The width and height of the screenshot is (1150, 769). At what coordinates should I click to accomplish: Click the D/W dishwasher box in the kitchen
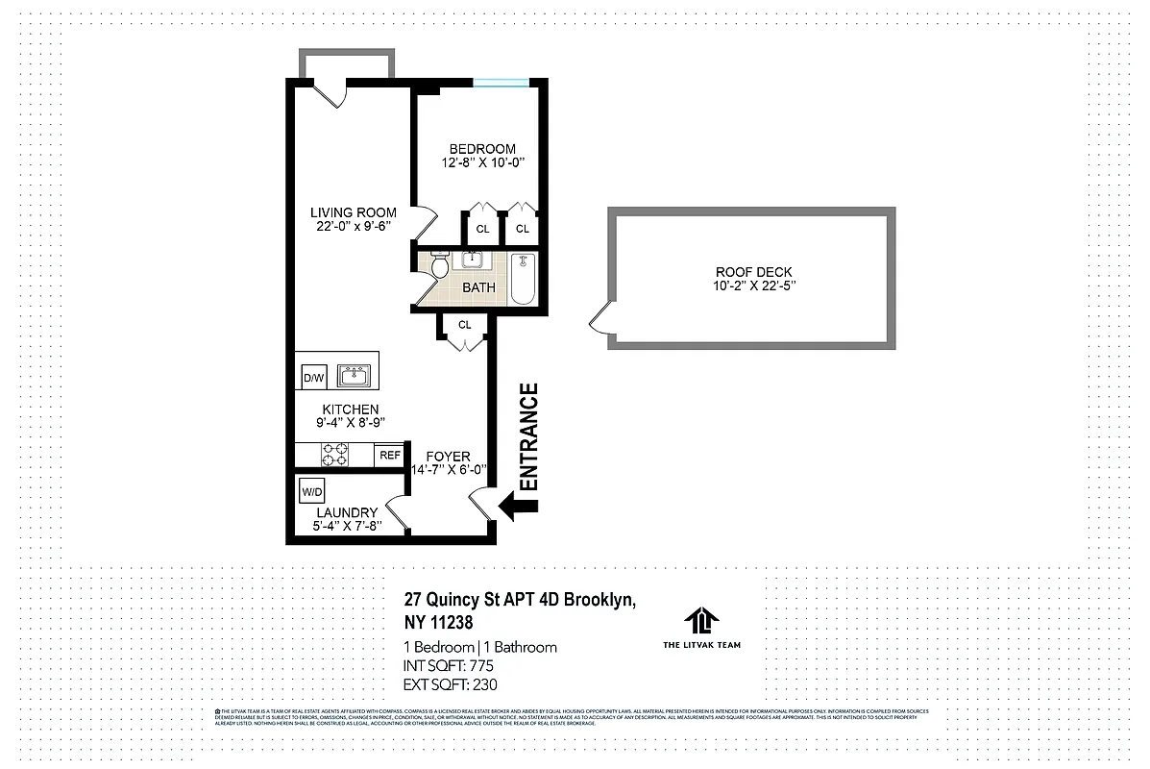[x=314, y=376]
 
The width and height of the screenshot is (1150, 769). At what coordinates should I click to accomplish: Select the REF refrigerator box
[x=389, y=456]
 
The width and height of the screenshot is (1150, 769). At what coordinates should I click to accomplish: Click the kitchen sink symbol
[x=354, y=375]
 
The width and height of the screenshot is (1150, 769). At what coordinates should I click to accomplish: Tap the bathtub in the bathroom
[x=521, y=278]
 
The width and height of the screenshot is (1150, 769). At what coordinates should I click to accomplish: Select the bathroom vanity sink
[x=473, y=260]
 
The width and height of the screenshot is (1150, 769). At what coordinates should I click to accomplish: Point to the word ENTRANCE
[x=528, y=437]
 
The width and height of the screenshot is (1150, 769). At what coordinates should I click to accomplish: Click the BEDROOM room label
[x=482, y=149]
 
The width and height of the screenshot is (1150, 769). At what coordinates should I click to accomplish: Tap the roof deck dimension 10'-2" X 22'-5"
[x=754, y=286]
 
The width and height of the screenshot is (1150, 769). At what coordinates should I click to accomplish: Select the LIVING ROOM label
[x=347, y=213]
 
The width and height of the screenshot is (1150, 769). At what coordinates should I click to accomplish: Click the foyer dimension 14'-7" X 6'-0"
[x=449, y=470]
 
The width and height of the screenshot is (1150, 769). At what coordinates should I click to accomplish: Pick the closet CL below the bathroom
[x=464, y=325]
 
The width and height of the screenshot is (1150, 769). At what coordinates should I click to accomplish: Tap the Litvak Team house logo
[x=702, y=621]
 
